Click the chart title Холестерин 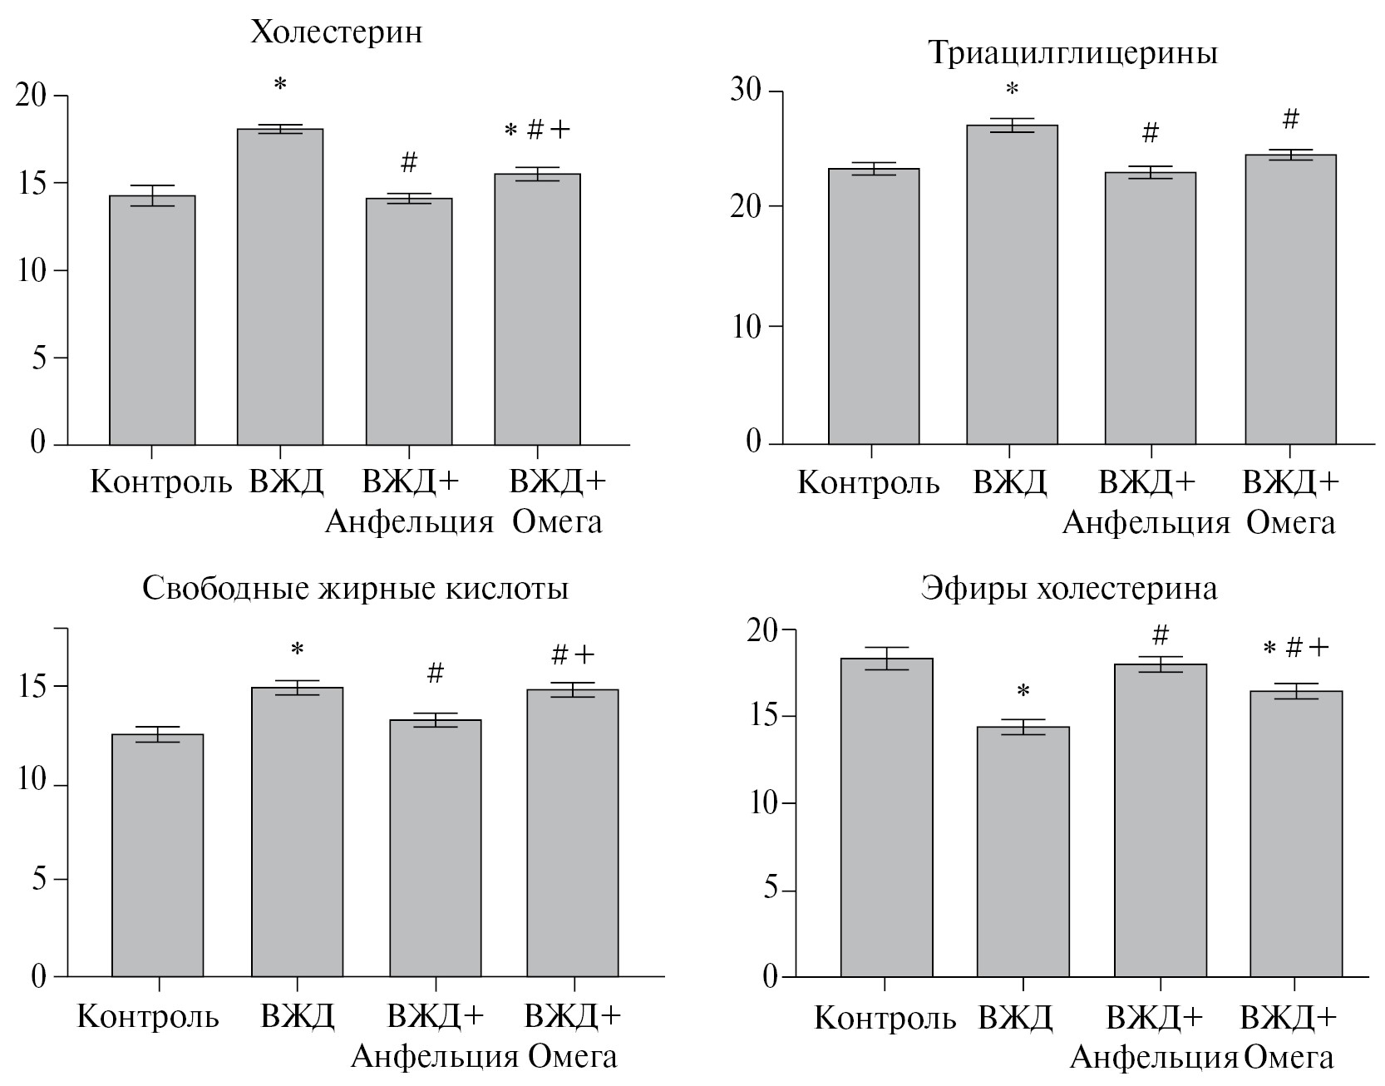tap(337, 32)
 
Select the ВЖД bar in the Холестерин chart tap(280, 287)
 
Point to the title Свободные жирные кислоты tap(356, 589)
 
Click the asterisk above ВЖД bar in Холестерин tap(280, 84)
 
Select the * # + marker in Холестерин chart tap(538, 130)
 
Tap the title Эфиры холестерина tap(1069, 589)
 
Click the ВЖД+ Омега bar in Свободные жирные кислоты tap(572, 832)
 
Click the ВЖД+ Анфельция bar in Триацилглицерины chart tap(1151, 308)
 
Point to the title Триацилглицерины tap(1072, 53)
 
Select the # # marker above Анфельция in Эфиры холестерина tap(1161, 636)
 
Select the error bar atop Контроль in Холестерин tap(153, 195)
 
